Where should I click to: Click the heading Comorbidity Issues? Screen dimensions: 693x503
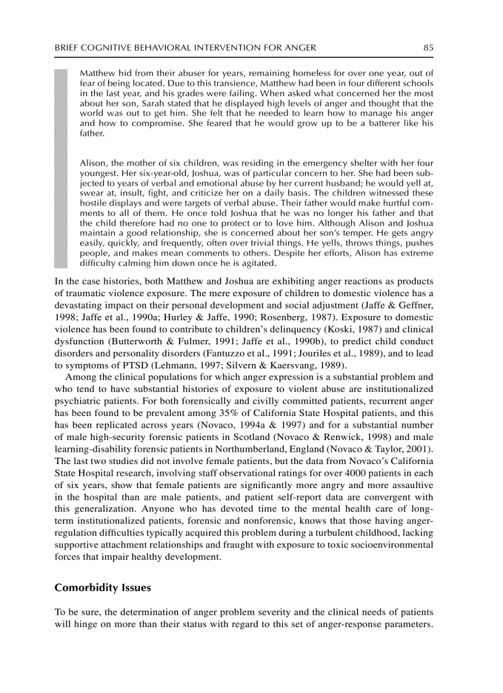[102, 587]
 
